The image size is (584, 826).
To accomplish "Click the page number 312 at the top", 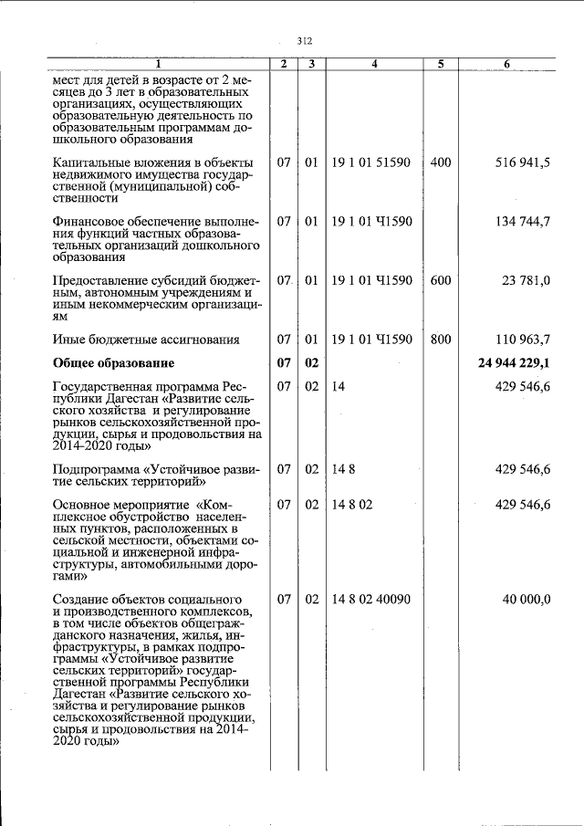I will (305, 40).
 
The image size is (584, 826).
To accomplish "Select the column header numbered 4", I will (374, 64).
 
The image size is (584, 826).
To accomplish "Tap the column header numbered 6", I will (506, 64).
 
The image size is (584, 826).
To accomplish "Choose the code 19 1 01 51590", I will (370, 162).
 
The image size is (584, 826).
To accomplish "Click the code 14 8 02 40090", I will (370, 599).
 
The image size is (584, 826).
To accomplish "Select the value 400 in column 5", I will (440, 162).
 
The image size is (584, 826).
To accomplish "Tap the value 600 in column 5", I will (440, 281).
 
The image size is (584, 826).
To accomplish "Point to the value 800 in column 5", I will (440, 340).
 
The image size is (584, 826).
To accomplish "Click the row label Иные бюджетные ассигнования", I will (146, 340).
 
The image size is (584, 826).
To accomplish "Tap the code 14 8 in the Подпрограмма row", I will (339, 469).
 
